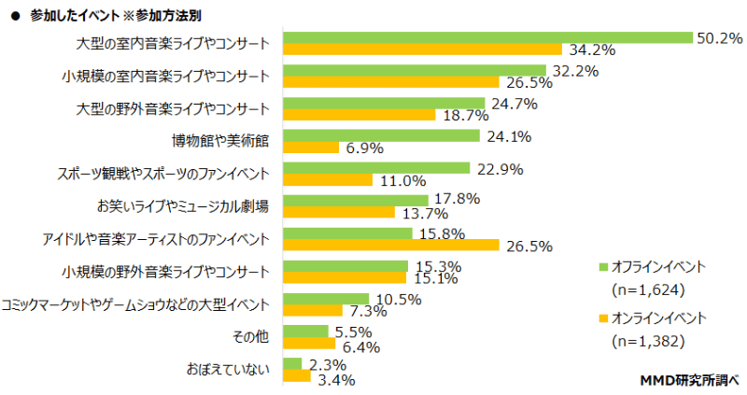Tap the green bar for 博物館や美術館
tap(381, 135)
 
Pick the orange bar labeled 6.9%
tap(311, 148)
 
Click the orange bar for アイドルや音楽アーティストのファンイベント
tap(391, 245)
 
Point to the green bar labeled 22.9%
tap(376, 168)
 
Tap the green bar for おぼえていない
tap(292, 363)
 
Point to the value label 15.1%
tap(431, 277)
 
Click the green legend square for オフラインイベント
tap(602, 267)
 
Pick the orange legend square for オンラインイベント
tap(602, 318)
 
